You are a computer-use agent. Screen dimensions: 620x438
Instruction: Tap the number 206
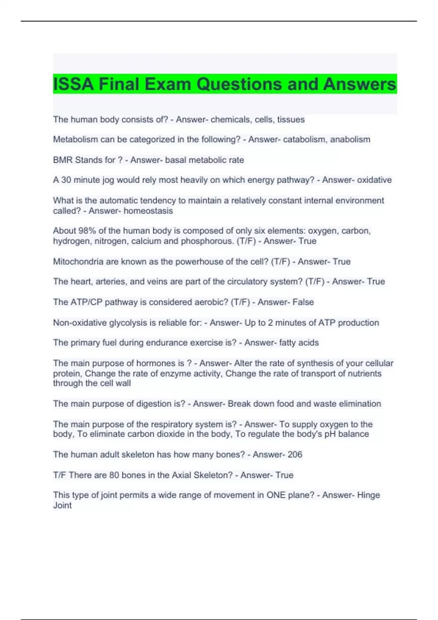coord(295,454)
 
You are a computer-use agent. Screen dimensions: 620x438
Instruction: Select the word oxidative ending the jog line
coord(374,180)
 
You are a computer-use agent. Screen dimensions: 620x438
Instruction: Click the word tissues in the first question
coord(291,119)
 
